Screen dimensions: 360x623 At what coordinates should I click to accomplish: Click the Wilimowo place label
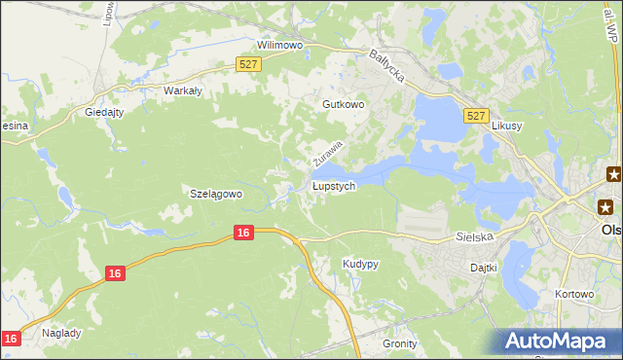(280, 45)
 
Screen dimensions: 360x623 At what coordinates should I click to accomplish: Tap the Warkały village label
(182, 90)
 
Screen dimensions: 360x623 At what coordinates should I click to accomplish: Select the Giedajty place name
(105, 112)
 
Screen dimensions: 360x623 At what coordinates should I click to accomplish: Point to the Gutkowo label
(343, 103)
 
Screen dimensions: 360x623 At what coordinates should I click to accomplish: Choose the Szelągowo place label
(214, 194)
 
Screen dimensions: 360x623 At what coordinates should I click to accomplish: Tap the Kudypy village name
(360, 264)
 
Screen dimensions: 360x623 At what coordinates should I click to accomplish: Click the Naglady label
(60, 332)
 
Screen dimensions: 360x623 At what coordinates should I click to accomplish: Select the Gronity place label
(399, 343)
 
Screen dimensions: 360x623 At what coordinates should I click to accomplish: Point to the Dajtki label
(483, 267)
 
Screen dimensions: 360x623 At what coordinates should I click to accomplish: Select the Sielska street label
(476, 236)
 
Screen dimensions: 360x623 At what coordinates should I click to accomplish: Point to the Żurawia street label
(328, 151)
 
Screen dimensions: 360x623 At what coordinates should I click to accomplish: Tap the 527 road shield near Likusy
(475, 115)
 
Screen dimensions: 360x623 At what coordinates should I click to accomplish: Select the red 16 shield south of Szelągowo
(244, 233)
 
